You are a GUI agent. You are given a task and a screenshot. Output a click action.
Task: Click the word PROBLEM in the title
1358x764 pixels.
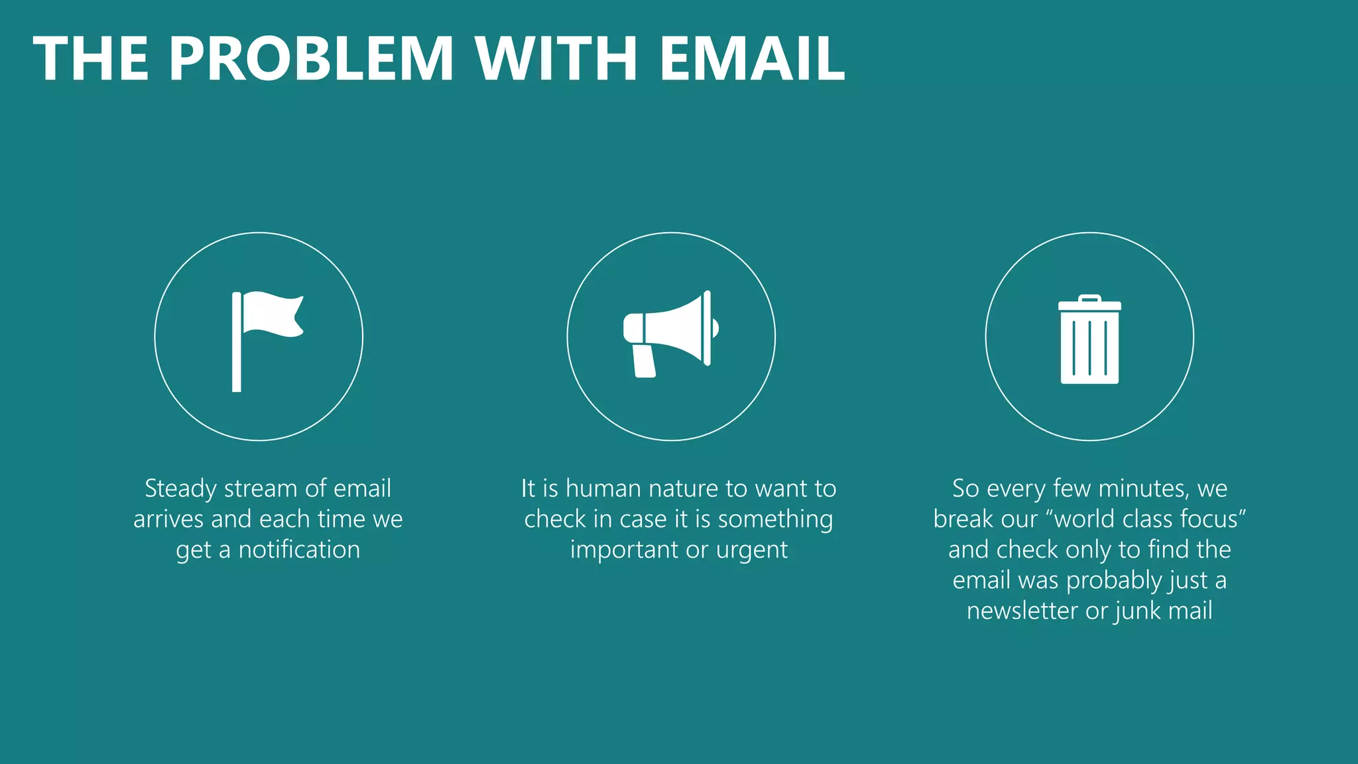tap(311, 58)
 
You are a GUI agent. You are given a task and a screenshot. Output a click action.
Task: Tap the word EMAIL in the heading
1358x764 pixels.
tap(752, 58)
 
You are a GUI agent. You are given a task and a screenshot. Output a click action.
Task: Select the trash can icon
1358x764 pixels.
tap(1089, 340)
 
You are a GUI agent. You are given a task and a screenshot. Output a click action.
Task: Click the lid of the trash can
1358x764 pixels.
tap(1089, 304)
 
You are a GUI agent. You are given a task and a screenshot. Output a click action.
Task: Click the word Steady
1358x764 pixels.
tap(180, 489)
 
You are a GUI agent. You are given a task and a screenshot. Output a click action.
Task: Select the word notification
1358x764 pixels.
tap(299, 550)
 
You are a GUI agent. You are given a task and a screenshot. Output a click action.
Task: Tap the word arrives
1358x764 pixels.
tap(168, 519)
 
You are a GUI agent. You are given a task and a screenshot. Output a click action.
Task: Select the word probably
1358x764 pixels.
tap(1114, 581)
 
